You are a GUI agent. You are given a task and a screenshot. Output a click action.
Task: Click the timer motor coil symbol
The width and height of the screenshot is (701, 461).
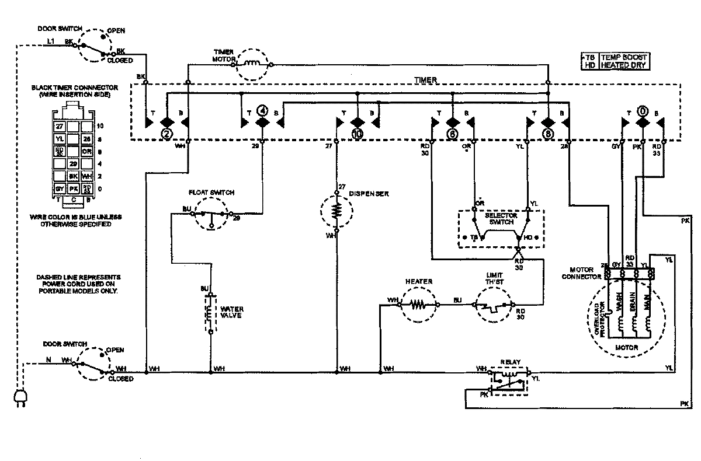(253, 64)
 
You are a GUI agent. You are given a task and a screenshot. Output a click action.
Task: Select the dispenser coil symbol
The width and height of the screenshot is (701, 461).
(336, 211)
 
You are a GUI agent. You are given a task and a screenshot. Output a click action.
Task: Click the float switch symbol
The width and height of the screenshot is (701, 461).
(211, 215)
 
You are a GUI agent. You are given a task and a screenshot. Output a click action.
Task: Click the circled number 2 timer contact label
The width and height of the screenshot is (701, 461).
(167, 134)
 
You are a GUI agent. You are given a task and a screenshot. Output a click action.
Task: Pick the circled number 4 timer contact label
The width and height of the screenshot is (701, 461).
(263, 109)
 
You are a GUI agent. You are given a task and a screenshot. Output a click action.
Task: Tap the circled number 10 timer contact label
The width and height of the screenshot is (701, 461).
(357, 134)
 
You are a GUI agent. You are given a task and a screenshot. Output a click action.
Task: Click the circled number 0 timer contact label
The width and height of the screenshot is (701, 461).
(642, 109)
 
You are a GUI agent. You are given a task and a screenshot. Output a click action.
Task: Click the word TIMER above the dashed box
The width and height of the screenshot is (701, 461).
(429, 79)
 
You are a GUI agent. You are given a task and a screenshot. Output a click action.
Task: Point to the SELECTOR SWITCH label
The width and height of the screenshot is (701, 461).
(499, 219)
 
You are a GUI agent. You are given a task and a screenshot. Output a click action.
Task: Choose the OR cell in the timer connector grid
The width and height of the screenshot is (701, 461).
(87, 151)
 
